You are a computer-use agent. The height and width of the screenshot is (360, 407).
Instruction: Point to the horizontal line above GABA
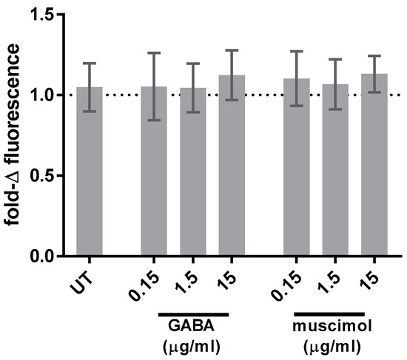pos(193,314)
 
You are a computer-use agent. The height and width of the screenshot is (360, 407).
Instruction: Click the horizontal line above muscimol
pos(329,314)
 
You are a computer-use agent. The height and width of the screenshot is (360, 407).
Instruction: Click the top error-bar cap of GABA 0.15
pos(154,53)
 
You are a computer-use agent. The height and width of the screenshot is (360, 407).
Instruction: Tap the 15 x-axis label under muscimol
pos(374,280)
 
